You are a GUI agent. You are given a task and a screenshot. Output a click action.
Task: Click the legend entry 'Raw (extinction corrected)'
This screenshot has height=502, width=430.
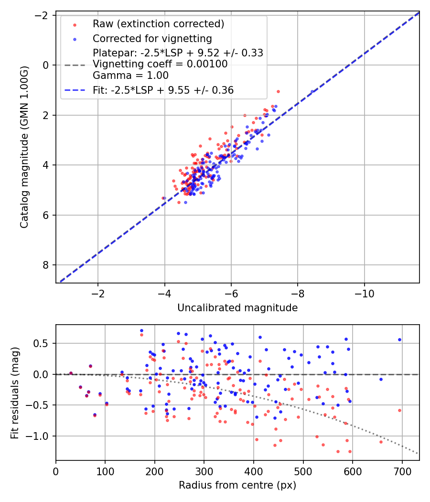point(158,24)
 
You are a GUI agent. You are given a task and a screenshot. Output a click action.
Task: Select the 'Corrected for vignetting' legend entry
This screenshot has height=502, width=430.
point(152,39)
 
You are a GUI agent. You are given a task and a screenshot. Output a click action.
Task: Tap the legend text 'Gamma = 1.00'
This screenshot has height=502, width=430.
point(130,75)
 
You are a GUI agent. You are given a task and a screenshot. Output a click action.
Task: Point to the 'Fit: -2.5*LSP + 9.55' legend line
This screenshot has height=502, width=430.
point(163,90)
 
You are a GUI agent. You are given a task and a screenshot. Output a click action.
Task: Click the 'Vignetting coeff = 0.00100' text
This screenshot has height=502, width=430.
point(160,64)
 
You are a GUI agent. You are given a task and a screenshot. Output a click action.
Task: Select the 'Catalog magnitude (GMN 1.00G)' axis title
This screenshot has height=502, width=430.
point(25,147)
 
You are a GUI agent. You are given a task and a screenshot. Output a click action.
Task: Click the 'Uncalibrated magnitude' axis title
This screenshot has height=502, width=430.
point(237,308)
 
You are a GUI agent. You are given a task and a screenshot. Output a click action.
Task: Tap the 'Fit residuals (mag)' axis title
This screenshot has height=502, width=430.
point(15,392)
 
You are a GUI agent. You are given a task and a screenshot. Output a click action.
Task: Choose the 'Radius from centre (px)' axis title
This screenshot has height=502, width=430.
point(237,485)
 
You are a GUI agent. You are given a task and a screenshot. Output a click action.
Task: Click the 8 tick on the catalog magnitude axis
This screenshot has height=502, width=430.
point(46,265)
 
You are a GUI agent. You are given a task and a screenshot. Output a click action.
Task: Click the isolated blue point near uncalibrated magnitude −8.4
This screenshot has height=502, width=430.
point(312,91)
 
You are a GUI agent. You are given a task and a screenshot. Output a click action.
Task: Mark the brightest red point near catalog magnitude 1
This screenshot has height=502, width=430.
point(278,91)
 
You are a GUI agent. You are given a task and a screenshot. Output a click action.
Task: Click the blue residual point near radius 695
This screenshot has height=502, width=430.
point(399,339)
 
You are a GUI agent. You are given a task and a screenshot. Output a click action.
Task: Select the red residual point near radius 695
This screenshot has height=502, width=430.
point(399,410)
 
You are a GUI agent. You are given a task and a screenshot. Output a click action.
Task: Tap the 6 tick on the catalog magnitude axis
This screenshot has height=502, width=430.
point(46,215)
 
